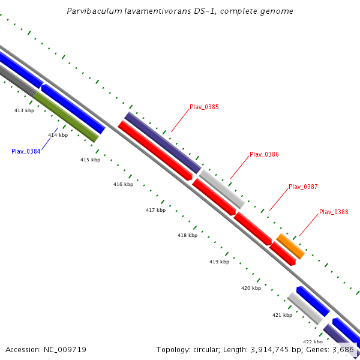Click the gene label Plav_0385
[x=204, y=107]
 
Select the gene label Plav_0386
[x=264, y=154]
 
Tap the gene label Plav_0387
[x=303, y=187]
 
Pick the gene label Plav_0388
[x=334, y=212]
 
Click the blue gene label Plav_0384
[x=26, y=151]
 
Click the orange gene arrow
[x=290, y=247]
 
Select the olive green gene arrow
[x=66, y=116]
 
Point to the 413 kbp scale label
[x=25, y=111]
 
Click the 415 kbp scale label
[x=90, y=160]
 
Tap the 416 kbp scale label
[x=123, y=184]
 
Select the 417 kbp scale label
[x=155, y=210]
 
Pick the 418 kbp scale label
[x=187, y=236]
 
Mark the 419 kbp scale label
[x=219, y=262]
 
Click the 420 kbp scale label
[x=251, y=289]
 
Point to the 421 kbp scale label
[x=282, y=315]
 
